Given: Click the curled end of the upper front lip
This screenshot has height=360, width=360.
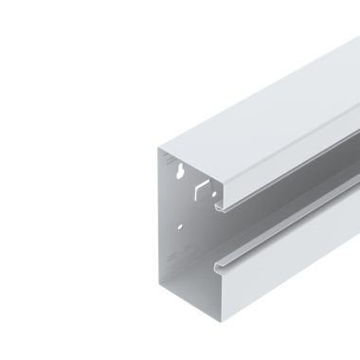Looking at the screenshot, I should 220,207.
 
